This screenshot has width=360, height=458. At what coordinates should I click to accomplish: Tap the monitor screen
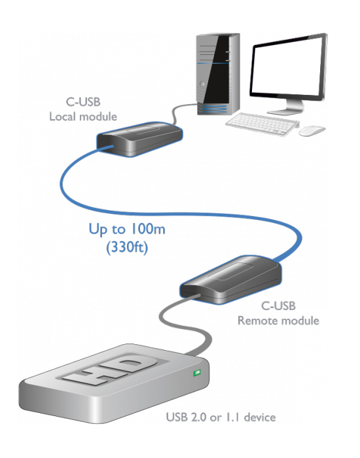[289, 68]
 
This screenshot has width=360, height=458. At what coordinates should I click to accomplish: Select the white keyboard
[262, 124]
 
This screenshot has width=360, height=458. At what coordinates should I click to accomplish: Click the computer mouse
[312, 131]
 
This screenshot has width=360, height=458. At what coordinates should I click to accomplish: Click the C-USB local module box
[139, 139]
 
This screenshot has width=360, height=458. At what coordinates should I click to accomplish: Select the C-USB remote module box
[230, 280]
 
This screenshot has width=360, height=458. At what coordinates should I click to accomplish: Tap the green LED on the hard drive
[197, 373]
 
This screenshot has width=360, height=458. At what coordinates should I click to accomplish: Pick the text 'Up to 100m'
[127, 229]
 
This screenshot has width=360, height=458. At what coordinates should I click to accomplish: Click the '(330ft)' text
[127, 247]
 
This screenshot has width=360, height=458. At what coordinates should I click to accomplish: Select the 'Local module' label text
[83, 116]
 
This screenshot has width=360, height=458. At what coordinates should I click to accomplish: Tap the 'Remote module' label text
[278, 321]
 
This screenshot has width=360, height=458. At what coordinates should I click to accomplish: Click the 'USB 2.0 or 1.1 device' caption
[221, 417]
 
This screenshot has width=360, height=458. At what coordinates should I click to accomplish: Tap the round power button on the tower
[202, 84]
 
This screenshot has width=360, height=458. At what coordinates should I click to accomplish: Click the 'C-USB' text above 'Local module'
[83, 102]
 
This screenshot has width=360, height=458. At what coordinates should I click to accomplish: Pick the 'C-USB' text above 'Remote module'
[278, 306]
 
